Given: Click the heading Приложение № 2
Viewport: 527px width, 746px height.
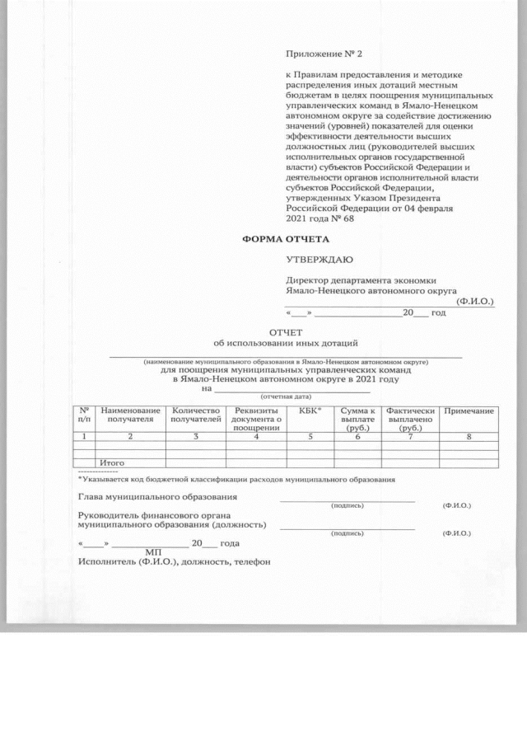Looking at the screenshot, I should tap(323, 54).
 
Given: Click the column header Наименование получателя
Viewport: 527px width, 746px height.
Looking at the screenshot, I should tap(130, 415).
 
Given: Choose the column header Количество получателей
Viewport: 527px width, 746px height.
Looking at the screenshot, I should tap(195, 415).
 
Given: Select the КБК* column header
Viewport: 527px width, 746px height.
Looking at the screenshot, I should tap(310, 410).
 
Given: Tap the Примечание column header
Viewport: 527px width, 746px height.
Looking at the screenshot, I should tap(469, 411).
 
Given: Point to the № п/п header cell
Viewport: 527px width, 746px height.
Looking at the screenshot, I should tap(85, 415).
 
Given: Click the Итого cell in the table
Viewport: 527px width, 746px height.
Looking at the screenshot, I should tap(111, 463).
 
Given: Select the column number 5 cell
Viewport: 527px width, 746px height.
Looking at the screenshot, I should tap(310, 436).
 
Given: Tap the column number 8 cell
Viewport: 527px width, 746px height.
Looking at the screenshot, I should tap(469, 436).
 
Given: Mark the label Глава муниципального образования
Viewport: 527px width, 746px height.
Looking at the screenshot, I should tap(157, 497).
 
